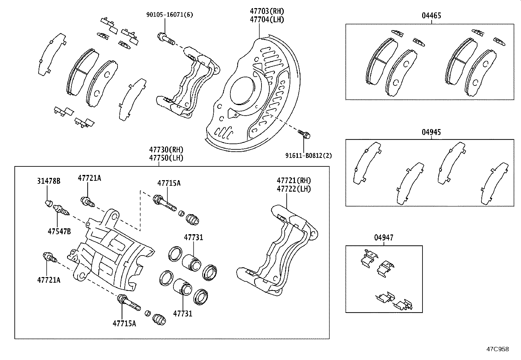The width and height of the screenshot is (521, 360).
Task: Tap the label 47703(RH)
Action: coord(267,11)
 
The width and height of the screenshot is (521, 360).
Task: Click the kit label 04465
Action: coord(431,16)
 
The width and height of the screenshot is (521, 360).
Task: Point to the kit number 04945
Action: coord(431,132)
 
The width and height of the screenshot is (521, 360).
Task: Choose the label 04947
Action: coord(384,237)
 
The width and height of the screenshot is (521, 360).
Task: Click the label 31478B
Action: coord(48,181)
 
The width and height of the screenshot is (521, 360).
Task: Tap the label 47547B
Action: coord(59,232)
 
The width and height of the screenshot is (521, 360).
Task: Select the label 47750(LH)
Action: coord(166,158)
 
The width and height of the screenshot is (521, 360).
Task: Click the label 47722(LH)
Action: coord(294,189)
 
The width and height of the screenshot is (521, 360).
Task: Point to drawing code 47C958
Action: coord(497,349)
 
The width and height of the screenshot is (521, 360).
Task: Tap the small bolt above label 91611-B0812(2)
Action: coord(304,134)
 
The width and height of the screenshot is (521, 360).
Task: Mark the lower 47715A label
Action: coord(124,323)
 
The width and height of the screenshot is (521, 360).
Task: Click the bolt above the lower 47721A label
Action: coord(50,257)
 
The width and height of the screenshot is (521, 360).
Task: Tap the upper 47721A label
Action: coord(89,178)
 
